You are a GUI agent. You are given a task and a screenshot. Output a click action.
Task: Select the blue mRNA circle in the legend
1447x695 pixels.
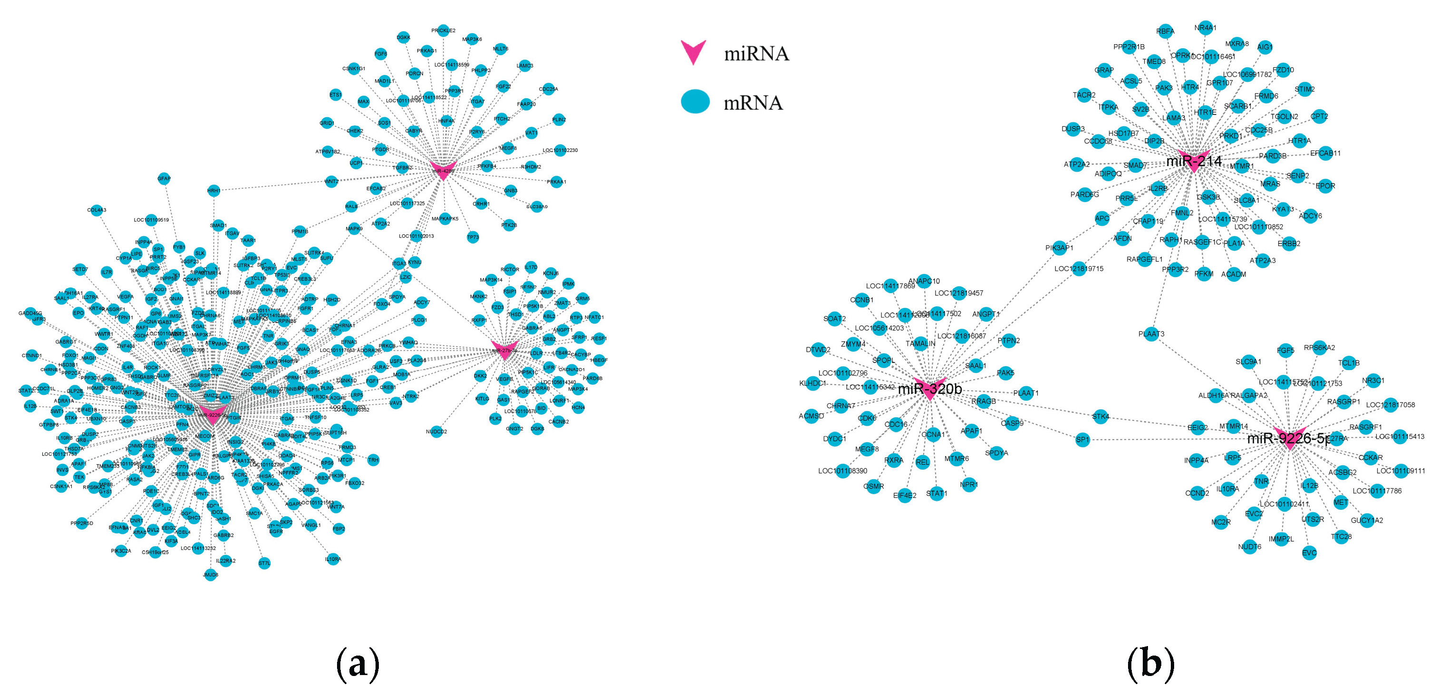[695, 102]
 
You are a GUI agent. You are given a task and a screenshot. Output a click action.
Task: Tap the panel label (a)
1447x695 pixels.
[357, 664]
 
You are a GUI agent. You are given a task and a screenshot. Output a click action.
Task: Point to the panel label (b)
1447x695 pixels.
[1150, 664]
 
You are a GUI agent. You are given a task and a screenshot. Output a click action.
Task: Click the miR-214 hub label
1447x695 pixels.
[1194, 161]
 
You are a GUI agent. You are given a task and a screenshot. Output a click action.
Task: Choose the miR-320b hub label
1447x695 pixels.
[930, 389]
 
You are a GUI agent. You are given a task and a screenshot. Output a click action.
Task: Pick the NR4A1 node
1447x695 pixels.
[1206, 28]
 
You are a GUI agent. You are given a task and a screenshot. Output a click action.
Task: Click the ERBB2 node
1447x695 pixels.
[1289, 244]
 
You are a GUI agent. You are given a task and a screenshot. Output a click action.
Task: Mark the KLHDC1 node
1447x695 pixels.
[812, 383]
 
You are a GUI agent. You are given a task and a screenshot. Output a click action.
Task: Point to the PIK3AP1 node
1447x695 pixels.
[1060, 248]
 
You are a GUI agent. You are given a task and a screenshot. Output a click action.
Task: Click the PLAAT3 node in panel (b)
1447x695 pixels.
[1151, 334]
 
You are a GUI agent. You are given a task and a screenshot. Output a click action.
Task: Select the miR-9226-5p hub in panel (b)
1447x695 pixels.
[1289, 438]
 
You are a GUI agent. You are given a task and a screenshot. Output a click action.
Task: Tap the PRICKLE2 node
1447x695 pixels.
[443, 30]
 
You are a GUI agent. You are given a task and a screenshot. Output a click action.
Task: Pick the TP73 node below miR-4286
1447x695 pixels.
[473, 237]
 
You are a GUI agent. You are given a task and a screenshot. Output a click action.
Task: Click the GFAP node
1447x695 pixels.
[164, 179]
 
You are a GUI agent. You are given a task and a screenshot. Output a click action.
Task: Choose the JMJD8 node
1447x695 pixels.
[211, 574]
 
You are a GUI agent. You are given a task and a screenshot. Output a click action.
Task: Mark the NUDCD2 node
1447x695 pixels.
[436, 432]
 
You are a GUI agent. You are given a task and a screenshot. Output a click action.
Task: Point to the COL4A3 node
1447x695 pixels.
[96, 210]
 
